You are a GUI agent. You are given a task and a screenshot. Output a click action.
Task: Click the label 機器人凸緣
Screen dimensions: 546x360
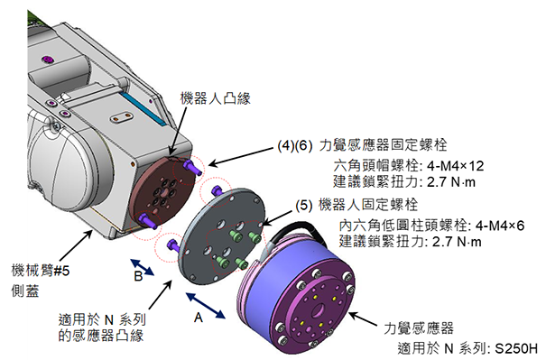coord(215,98)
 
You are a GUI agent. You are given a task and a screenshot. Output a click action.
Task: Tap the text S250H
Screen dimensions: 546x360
coord(517,348)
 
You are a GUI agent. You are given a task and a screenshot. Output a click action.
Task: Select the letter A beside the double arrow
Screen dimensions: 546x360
coord(199,318)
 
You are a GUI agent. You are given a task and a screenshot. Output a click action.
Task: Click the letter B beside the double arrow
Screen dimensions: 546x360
coord(138,276)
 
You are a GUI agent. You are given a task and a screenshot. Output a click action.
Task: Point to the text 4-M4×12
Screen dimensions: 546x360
coord(455,166)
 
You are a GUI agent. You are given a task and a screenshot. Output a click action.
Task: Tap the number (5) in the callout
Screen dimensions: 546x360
coord(303,205)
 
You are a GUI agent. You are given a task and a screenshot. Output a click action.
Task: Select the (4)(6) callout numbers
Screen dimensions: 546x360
coord(294,145)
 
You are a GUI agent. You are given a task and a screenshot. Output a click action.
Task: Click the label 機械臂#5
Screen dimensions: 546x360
coord(41,270)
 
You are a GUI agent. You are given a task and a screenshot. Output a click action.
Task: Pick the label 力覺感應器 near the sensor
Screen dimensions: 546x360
coord(419,328)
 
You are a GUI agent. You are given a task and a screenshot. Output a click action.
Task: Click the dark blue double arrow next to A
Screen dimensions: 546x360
coord(206,306)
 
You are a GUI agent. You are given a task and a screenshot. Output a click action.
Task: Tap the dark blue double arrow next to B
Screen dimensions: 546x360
coord(142,267)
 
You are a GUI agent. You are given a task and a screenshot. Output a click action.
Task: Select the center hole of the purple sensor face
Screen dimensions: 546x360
coord(318,310)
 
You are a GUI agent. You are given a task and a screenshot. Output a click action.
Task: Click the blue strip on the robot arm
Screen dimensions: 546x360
coord(142,106)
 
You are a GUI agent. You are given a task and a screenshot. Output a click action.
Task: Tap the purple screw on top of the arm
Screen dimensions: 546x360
coord(48,60)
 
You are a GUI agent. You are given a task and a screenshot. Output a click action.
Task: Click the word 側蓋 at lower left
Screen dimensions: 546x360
coord(25,291)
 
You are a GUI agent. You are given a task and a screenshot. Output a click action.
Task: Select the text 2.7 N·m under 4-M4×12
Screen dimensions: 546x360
coord(451,182)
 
